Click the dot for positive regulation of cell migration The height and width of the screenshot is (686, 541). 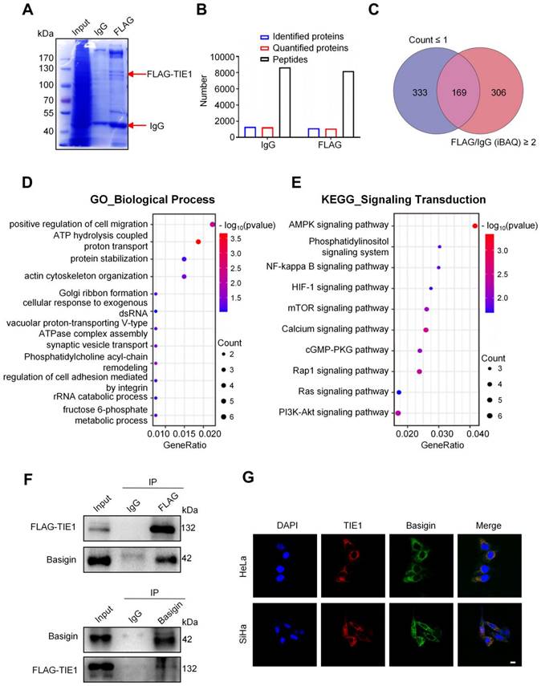[x=212, y=225]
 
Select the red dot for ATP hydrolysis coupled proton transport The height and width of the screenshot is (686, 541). [x=197, y=242]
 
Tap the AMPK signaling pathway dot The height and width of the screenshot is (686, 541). [x=475, y=225]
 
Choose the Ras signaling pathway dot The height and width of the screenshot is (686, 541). [x=399, y=392]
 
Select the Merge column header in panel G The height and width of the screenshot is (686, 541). [x=487, y=526]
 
